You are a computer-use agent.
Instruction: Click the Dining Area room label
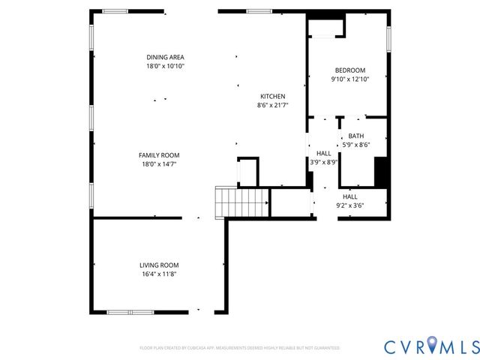tap(165, 57)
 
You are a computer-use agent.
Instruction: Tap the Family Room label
tap(159, 155)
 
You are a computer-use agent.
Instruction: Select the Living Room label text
tap(159, 265)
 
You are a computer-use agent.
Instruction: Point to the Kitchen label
tap(272, 96)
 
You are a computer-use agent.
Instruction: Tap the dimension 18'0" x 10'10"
tap(165, 67)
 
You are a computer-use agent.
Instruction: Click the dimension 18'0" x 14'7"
tap(159, 164)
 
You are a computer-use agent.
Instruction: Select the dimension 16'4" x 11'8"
tap(159, 274)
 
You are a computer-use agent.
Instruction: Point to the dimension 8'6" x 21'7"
tap(272, 106)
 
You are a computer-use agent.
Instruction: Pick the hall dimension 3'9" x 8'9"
tap(324, 161)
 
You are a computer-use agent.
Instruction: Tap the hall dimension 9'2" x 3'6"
tap(350, 205)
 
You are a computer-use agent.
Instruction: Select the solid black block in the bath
tap(381, 172)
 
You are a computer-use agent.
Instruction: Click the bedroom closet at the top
tap(325, 28)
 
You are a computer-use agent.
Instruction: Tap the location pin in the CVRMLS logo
tap(433, 346)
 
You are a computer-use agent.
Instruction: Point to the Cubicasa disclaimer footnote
tap(240, 348)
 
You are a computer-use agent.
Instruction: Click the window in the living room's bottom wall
tap(130, 312)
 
